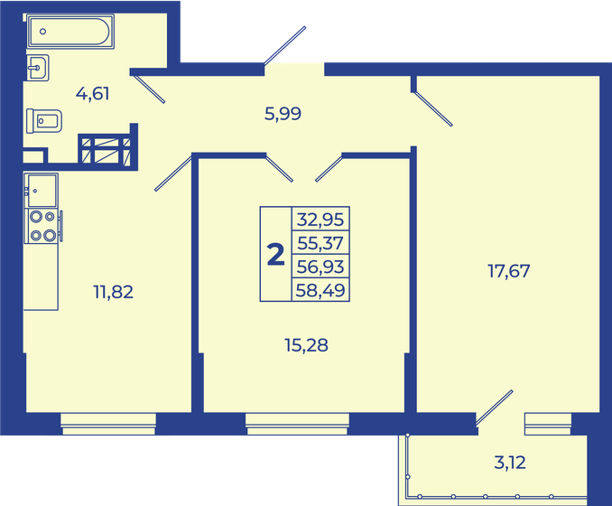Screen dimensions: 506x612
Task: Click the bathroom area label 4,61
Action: (93, 93)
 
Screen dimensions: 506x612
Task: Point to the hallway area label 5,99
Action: (282, 113)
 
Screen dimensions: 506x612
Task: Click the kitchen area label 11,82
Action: (113, 291)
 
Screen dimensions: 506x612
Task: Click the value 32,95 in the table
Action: (320, 219)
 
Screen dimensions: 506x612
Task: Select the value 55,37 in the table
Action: (320, 242)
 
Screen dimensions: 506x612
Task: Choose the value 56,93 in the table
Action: (320, 266)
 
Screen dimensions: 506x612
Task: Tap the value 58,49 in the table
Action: (320, 289)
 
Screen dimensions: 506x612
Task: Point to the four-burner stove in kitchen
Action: (42, 225)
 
